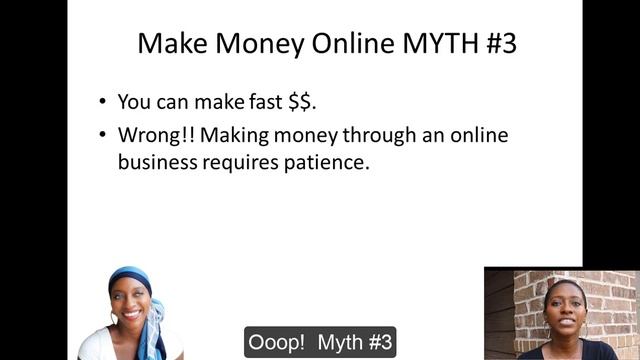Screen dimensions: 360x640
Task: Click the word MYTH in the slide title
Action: pos(421,44)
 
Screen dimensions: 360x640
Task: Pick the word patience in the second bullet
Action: pos(331,161)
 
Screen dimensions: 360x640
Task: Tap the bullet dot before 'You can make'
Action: pos(102,102)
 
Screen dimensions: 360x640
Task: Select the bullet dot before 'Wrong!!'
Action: pos(102,135)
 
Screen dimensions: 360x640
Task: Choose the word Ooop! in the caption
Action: pos(277,341)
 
